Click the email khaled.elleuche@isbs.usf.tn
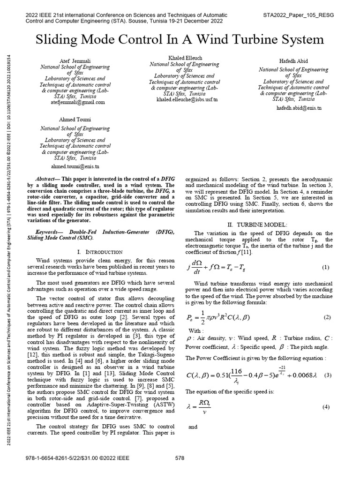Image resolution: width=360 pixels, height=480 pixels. pos(180,99)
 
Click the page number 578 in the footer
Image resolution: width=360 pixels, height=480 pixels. pos(180,457)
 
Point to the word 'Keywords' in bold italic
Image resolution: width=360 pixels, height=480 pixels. pos(50,232)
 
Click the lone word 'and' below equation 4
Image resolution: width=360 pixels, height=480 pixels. pos(193,427)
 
